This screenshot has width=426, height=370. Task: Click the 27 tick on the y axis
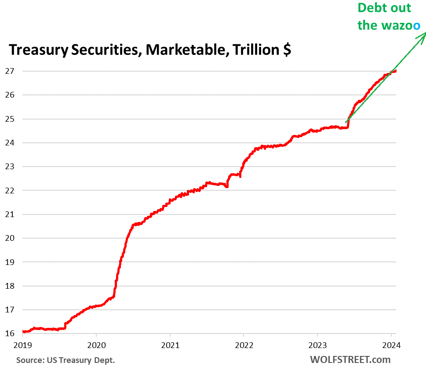coord(11,71)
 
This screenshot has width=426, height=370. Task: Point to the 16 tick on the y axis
coord(11,334)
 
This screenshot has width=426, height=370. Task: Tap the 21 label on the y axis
coord(11,214)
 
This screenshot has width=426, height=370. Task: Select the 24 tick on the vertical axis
coord(11,143)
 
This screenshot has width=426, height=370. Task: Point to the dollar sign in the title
coord(286,50)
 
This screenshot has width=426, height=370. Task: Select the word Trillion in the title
coord(255,50)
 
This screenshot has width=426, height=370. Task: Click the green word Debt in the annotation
coord(372,8)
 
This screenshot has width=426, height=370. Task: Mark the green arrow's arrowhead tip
coord(425,33)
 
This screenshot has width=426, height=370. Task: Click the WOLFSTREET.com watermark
coord(350,359)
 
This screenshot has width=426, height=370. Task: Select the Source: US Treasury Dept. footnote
coord(66,360)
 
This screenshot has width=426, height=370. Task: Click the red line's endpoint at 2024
coord(396,71)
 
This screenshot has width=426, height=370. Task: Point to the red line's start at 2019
coord(23,331)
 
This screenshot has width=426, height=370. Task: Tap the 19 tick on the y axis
coord(11,262)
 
